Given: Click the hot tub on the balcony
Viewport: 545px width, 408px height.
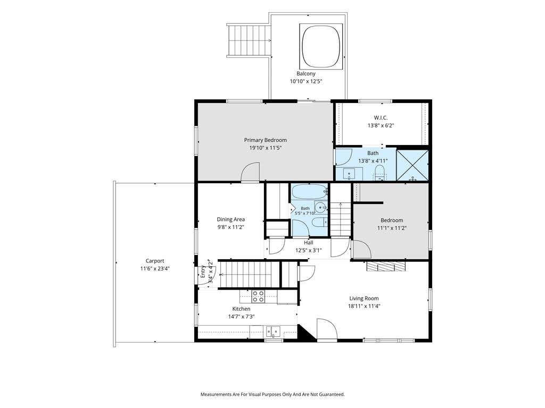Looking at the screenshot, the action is [321, 47].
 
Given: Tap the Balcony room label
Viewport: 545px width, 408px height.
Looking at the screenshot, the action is [306, 73].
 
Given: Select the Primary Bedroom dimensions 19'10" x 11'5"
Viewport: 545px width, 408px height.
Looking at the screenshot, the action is [265, 148].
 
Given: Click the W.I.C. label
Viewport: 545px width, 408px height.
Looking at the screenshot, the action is [381, 117].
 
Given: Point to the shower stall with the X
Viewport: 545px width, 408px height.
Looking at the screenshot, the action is [412, 165].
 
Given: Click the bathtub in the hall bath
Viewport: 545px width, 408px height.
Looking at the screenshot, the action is [309, 191].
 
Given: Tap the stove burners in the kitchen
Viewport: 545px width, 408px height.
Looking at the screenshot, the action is [258, 296].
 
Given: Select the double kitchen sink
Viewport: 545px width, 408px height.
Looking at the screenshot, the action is [274, 331].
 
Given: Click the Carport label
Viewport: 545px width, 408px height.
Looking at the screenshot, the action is [155, 261].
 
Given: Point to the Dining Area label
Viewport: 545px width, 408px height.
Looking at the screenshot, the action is [231, 219].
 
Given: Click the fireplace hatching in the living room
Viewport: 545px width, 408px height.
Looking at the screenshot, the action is [386, 266].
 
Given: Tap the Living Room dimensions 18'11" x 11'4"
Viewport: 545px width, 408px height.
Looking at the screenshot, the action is [364, 306].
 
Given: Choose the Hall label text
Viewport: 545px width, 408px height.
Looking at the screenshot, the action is [308, 242].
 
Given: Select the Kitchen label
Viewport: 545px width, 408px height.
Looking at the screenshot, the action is [241, 309].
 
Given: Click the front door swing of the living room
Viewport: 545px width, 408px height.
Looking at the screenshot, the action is [327, 329].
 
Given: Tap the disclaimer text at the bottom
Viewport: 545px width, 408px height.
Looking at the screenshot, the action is [272, 395].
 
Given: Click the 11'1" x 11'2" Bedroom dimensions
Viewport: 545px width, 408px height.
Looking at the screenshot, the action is [392, 228].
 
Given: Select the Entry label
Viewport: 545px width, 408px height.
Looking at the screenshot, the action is [203, 271].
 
